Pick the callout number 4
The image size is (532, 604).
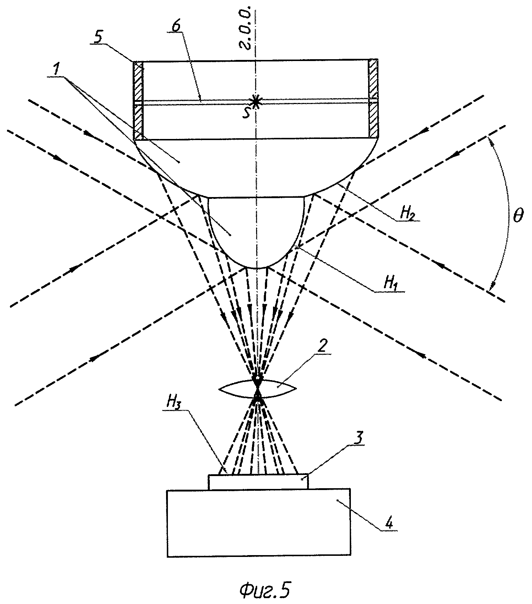(392, 523)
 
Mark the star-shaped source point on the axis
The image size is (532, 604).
(256, 101)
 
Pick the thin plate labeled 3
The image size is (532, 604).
(258, 482)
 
